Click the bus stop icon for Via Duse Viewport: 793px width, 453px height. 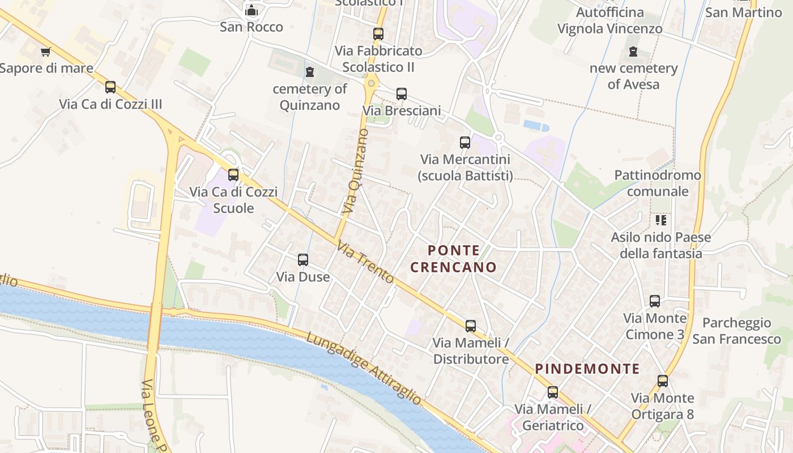tap(303, 260)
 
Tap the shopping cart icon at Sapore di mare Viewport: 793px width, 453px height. tap(46, 52)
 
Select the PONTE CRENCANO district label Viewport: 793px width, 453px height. tap(454, 259)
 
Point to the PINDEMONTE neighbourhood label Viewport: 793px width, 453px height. tap(587, 369)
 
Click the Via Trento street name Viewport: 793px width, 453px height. tap(365, 263)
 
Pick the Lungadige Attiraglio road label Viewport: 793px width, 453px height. tap(364, 369)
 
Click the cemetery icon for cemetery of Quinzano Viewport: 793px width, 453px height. tap(309, 72)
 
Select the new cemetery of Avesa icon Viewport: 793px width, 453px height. tap(633, 52)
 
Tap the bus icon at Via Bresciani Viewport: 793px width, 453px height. tap(402, 94)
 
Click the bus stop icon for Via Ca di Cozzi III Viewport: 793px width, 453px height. tap(110, 87)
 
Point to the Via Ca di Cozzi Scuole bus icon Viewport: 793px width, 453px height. tap(233, 175)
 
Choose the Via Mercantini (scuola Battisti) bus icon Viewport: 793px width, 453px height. tap(465, 143)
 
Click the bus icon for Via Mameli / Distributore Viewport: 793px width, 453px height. tap(471, 326)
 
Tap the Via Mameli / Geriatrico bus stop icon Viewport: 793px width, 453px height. tap(553, 392)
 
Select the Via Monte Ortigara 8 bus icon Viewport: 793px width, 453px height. tap(663, 381)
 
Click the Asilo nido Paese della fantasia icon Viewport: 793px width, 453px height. tap(660, 220)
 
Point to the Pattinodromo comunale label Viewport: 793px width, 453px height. tap(658, 183)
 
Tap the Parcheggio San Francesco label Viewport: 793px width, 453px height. tap(736, 331)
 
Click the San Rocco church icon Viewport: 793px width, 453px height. tap(251, 10)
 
